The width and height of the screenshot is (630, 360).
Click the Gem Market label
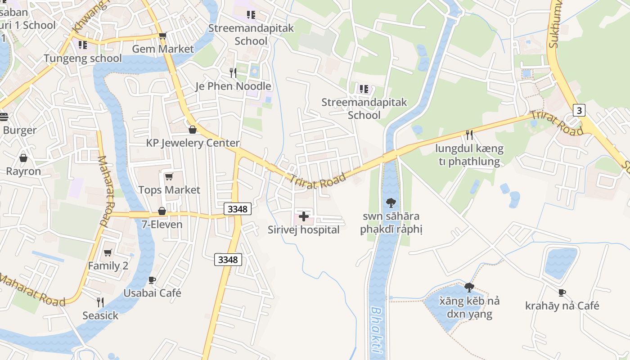click(163, 49)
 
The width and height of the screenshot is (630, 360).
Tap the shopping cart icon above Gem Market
click(162, 36)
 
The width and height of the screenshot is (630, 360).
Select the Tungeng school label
click(83, 58)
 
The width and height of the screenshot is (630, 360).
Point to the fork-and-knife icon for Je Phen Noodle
click(233, 72)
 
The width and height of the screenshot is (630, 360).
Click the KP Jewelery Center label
click(193, 143)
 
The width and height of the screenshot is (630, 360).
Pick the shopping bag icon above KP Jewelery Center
click(193, 130)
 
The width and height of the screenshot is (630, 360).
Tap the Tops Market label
click(169, 190)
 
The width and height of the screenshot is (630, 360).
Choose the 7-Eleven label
click(162, 225)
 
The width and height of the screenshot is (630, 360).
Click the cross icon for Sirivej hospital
click(304, 216)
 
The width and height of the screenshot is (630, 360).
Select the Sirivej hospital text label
click(304, 230)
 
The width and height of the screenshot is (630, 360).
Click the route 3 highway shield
click(579, 110)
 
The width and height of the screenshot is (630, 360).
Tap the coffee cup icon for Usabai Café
click(152, 280)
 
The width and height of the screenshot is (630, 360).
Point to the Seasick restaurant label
click(100, 316)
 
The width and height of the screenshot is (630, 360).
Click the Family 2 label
click(108, 266)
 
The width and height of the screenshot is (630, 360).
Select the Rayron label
click(23, 171)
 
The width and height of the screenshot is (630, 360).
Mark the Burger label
click(20, 130)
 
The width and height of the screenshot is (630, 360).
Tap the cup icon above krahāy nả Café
click(562, 292)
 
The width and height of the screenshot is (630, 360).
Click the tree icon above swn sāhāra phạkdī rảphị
click(391, 203)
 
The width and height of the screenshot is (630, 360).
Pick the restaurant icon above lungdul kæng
click(469, 135)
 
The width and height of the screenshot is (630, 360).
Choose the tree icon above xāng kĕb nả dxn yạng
click(469, 287)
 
